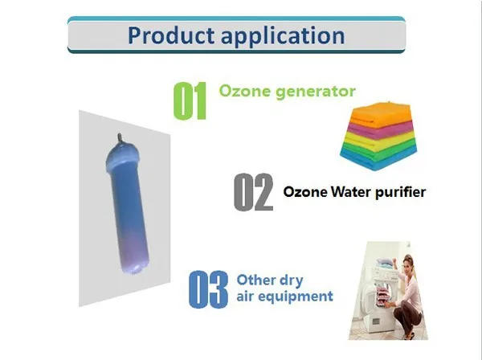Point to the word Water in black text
point(346,192)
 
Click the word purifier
point(397,192)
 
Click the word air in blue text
point(247,297)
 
